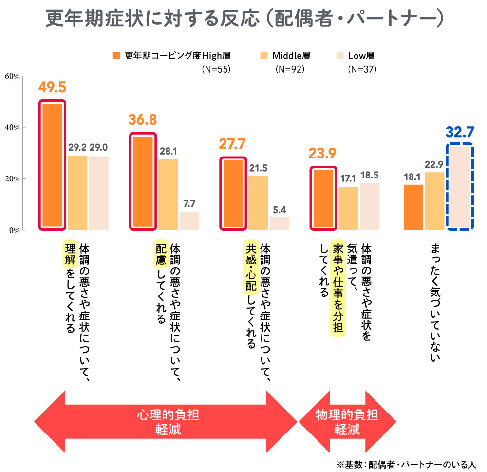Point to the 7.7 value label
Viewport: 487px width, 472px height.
189,203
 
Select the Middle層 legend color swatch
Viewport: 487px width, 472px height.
264,55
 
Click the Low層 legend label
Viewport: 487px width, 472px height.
361,55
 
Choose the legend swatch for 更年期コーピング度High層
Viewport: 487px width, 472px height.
116,55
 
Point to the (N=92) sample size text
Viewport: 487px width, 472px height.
290,69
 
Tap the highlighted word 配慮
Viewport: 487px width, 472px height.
161,254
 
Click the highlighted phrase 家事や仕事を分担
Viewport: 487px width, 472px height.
338,288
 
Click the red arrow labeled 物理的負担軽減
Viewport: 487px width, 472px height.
347,422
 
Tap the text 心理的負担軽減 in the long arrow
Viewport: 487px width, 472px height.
168,422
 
